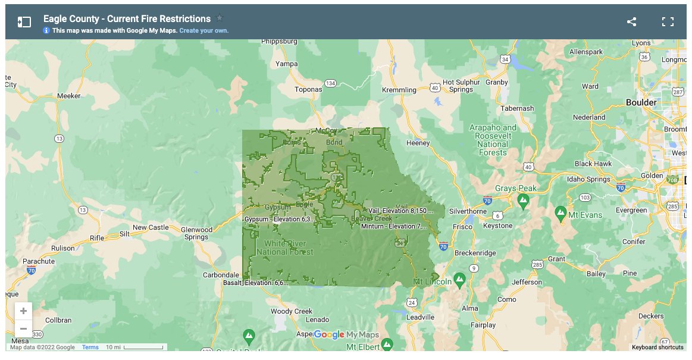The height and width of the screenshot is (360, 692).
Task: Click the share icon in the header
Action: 631,22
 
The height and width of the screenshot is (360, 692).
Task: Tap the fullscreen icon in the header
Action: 668,22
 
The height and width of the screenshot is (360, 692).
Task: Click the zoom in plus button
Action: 23,311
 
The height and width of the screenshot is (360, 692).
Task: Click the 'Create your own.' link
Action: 203,30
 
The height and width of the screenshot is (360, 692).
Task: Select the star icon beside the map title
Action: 220,18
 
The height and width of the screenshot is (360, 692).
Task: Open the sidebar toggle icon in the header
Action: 24,22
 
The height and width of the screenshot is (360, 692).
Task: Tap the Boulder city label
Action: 641,102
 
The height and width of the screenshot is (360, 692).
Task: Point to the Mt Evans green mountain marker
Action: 560,212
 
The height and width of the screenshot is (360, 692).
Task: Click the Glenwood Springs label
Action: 196,233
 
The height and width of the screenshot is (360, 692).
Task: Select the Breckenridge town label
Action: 475,253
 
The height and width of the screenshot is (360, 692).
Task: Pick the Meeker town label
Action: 68,96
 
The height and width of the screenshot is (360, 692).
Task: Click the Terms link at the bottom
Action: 90,348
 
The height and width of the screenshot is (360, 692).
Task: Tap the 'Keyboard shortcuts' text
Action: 657,348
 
